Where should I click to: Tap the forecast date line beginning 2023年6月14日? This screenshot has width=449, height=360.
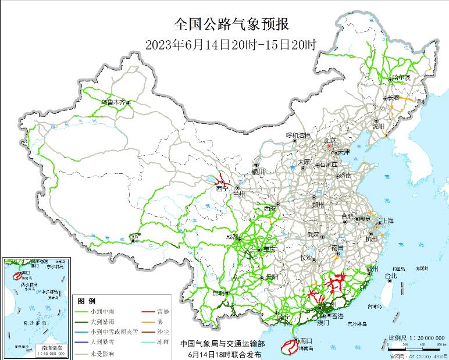(231, 44)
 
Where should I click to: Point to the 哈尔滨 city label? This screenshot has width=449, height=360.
(401, 77)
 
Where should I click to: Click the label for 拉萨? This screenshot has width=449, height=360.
(134, 236)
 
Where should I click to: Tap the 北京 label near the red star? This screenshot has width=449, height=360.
(330, 140)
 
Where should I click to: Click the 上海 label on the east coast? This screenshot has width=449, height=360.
(386, 222)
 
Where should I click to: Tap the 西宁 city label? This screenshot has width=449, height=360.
(221, 189)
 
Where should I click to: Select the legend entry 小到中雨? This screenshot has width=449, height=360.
(101, 312)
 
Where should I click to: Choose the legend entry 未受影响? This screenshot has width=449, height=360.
(101, 353)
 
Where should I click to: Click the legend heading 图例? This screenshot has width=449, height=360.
(87, 301)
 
